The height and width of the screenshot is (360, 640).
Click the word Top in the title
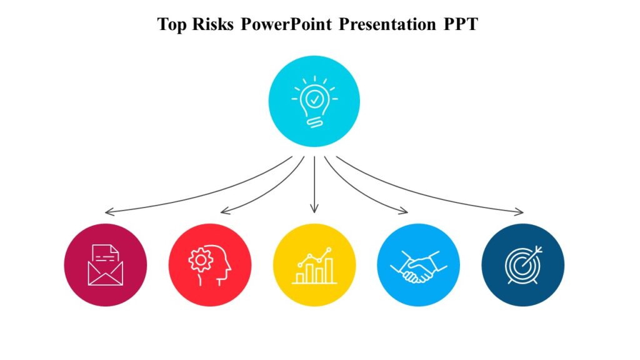click(x=171, y=24)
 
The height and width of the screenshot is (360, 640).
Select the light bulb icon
click(x=314, y=102)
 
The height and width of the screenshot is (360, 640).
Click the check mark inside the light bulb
click(x=314, y=98)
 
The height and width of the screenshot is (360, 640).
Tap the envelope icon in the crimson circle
click(x=106, y=265)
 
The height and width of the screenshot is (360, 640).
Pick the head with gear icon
click(x=210, y=265)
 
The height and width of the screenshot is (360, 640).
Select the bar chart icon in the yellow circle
click(x=314, y=266)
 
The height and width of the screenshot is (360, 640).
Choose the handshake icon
click(x=419, y=267)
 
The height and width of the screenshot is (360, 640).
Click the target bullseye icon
click(x=523, y=265)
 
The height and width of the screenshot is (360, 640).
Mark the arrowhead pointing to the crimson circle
click(x=108, y=212)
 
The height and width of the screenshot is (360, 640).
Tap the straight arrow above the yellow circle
click(x=314, y=184)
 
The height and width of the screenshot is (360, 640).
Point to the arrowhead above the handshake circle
click(x=405, y=211)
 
